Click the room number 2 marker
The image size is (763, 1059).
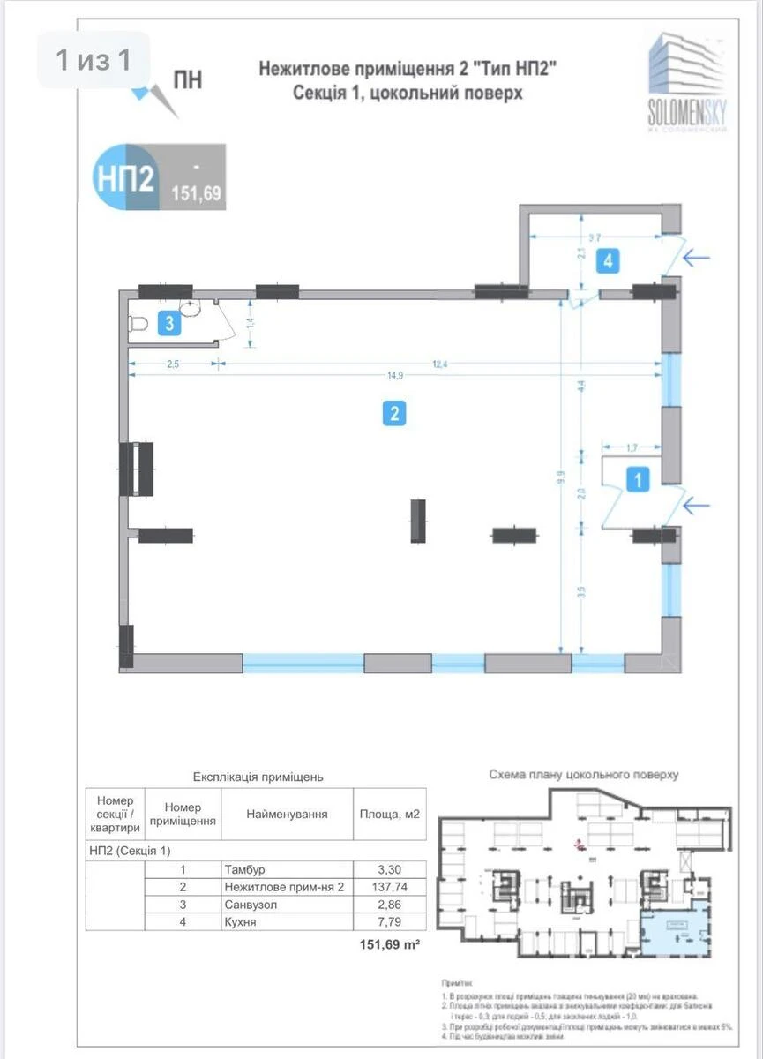pos(393,413)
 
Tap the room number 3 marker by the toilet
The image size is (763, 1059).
pos(169,324)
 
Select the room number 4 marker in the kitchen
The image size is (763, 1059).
pos(607,260)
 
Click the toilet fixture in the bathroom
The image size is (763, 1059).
pos(139,325)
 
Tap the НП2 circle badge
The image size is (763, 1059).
pos(124,178)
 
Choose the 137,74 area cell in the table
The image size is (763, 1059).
pos(389,887)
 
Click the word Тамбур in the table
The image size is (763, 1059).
pos(245,869)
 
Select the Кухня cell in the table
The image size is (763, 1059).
pos(242,922)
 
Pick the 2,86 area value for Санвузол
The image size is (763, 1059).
pos(389,905)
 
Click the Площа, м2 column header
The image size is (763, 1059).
pos(389,815)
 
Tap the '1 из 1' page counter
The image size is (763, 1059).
pos(94,60)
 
